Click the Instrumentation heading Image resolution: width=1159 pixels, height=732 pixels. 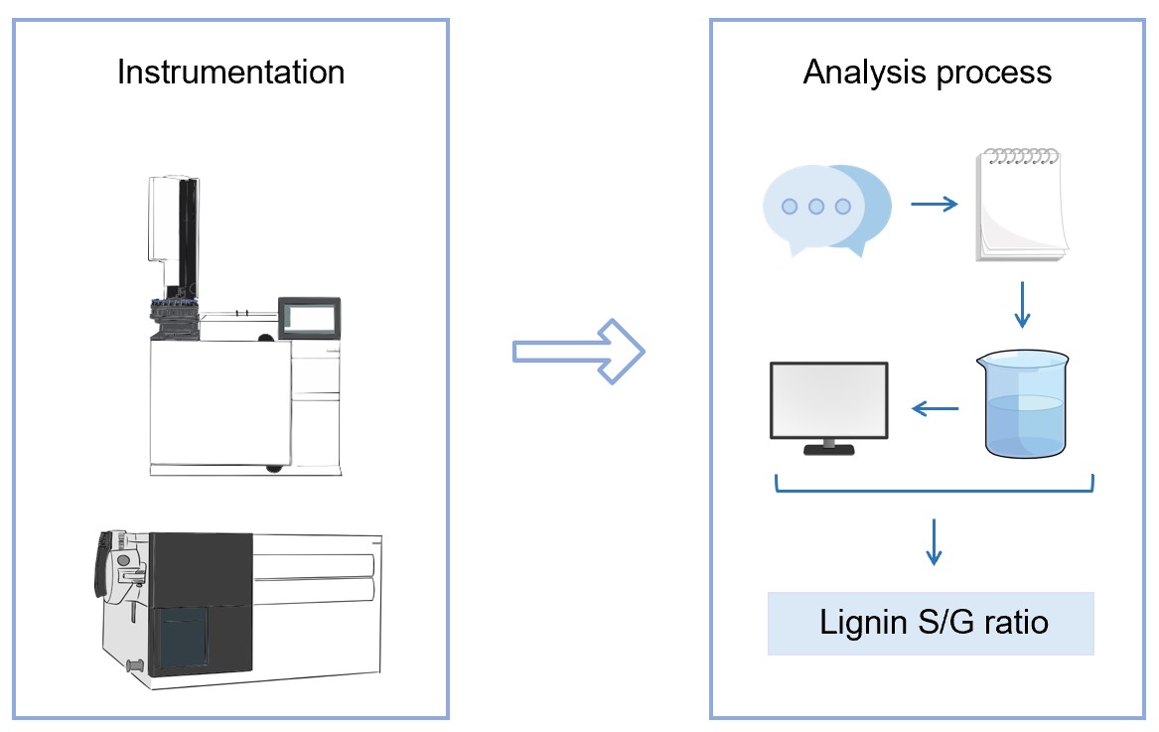(230, 73)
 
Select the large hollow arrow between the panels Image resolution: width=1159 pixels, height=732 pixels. (579, 351)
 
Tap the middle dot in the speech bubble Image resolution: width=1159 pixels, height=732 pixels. (816, 207)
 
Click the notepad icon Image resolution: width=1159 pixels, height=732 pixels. (1021, 206)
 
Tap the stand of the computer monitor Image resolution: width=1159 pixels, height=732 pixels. (829, 446)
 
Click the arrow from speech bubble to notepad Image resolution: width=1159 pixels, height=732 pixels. (935, 205)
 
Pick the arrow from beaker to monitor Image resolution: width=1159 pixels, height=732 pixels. (935, 407)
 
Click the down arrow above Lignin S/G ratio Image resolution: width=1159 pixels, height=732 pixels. (933, 541)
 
